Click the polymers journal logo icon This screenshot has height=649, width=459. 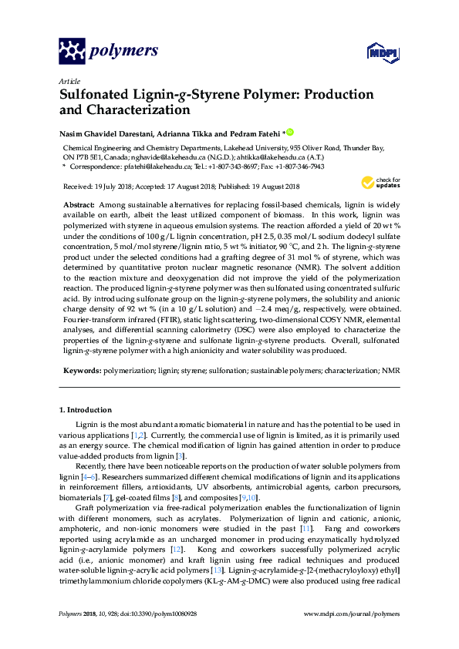72,52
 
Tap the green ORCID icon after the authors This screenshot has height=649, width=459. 290,133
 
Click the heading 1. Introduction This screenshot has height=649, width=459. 86,410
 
